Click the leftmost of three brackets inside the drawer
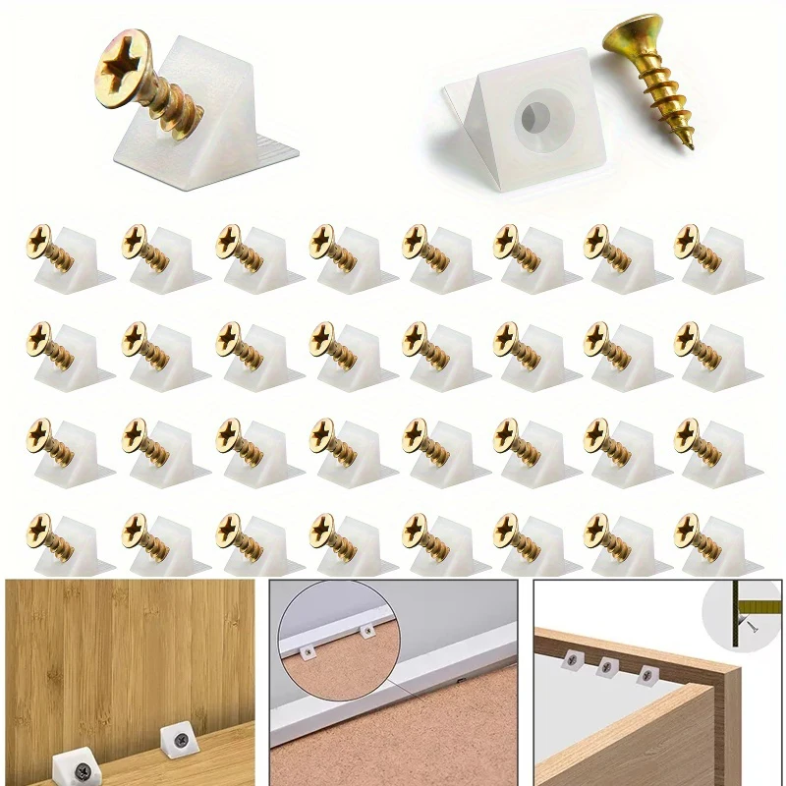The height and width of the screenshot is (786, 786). click(568, 664)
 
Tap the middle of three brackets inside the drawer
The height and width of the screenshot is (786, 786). click(606, 668)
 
